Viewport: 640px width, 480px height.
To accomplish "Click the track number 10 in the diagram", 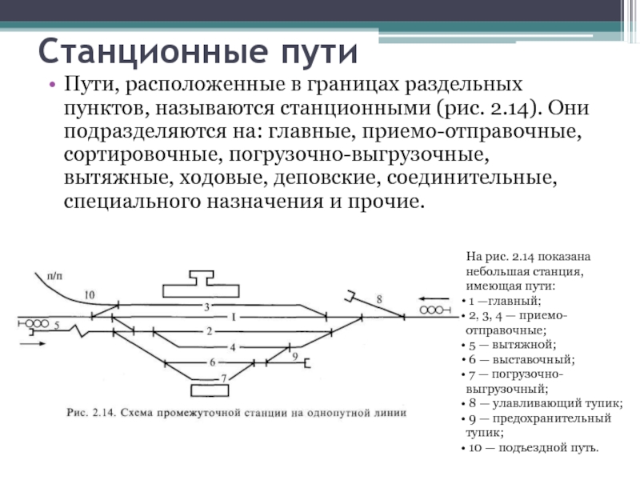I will pos(89,294).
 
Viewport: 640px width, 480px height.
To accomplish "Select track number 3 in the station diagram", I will pos(206,307).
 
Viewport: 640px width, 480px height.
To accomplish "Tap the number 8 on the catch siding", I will pos(379,299).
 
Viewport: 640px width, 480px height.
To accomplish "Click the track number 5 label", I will pos(57,325).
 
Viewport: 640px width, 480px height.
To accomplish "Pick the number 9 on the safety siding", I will pos(295,356).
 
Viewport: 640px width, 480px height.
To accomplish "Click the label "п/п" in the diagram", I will pos(54,274).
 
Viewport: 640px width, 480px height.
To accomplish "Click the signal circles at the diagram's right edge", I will pos(433,309).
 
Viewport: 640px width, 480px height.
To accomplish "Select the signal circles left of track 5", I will pos(35,324).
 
